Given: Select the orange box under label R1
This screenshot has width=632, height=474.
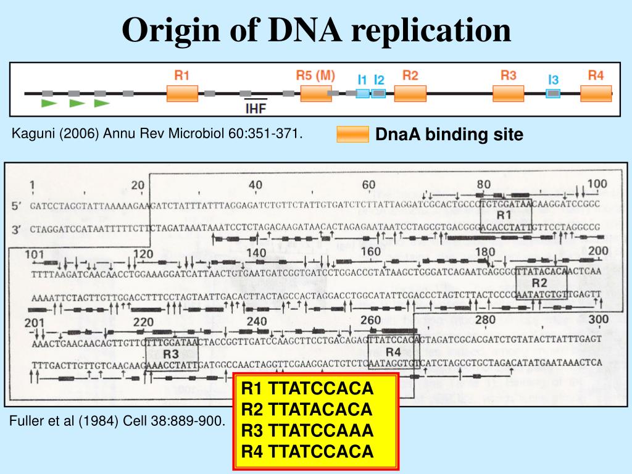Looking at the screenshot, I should pyautogui.click(x=182, y=93).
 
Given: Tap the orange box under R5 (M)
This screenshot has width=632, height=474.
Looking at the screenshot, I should pyautogui.click(x=316, y=94).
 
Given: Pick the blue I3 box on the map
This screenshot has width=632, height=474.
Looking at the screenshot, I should pyautogui.click(x=553, y=93).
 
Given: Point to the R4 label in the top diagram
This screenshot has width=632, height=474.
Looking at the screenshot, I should pyautogui.click(x=596, y=75).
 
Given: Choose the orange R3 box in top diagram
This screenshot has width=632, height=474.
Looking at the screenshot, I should pyautogui.click(x=508, y=93).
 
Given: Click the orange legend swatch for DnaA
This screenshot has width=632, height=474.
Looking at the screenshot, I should pyautogui.click(x=352, y=135).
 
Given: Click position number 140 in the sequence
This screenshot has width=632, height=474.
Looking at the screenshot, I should pyautogui.click(x=256, y=253).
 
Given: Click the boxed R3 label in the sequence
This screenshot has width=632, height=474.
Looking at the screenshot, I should pyautogui.click(x=171, y=354).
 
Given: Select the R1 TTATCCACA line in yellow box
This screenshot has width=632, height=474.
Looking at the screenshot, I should pyautogui.click(x=307, y=389).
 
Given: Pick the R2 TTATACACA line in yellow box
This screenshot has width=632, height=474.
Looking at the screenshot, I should pyautogui.click(x=307, y=410).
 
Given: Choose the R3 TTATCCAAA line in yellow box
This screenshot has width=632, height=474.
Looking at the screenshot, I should pyautogui.click(x=307, y=431).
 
